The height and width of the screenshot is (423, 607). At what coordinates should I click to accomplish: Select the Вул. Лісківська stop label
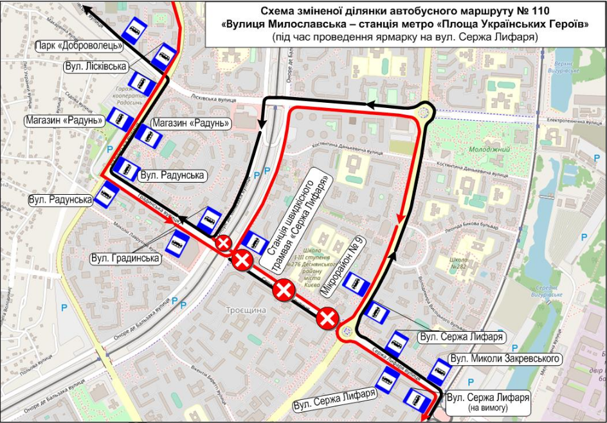(x=95, y=66)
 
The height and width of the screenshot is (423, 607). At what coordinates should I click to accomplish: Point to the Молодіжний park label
(x=480, y=149)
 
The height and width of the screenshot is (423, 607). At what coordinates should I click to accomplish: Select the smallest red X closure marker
(x=223, y=242)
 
